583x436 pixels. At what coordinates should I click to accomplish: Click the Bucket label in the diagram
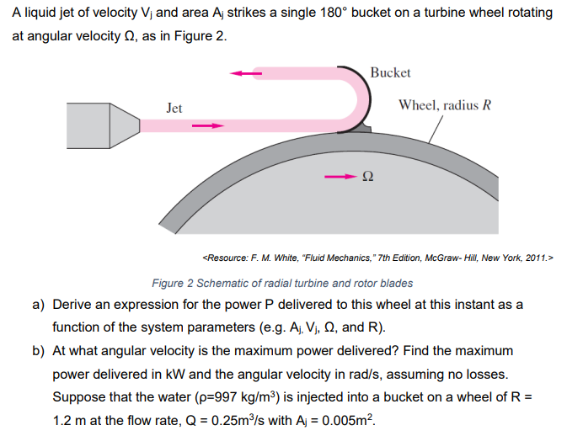[390, 72]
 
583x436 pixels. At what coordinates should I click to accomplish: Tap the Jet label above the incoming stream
[174, 108]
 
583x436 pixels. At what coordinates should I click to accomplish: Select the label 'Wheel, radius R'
[445, 105]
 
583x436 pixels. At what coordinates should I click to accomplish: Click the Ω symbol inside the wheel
[367, 176]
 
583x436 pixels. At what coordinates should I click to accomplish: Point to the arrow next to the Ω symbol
[340, 177]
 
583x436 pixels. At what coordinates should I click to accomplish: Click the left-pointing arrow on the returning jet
[246, 73]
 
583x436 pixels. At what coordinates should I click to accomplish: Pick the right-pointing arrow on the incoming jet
[208, 125]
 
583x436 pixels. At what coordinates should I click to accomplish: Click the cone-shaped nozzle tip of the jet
[125, 125]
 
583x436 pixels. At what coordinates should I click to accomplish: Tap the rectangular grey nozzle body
[88, 125]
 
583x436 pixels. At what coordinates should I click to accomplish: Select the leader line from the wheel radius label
[436, 130]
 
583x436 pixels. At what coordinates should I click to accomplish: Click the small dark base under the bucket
[361, 128]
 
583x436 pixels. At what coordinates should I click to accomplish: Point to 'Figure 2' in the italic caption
[173, 284]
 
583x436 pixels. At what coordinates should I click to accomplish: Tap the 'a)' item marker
[38, 305]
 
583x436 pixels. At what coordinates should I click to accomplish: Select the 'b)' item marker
[38, 351]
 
